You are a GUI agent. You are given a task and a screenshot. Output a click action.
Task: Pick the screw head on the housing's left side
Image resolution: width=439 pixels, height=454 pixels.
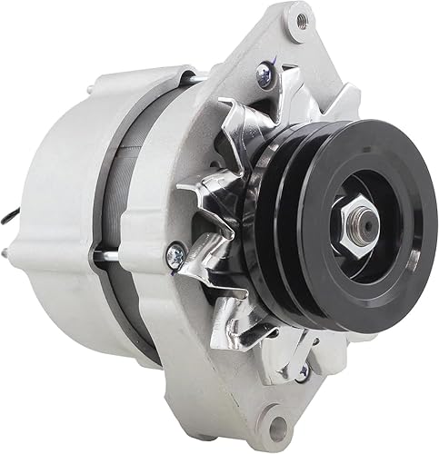[176, 257]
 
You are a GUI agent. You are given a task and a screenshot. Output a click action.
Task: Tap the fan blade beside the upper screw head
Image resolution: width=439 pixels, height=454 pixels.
[238, 118]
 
